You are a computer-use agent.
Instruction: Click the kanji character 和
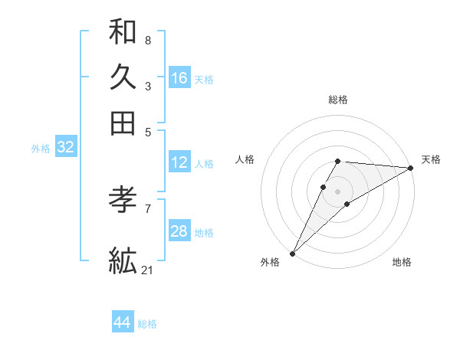point(123,32)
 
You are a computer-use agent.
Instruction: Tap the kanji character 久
point(123,77)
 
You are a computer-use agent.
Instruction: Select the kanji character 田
point(123,123)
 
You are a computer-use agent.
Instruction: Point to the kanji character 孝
point(123,200)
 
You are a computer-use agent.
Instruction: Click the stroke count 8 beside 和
point(147,40)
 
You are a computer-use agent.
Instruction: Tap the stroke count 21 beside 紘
point(148,270)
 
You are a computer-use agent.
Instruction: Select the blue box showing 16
point(179,78)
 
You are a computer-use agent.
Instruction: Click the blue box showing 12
point(179,162)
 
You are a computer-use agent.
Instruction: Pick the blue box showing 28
point(179,231)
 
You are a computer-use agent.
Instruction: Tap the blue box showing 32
point(65,148)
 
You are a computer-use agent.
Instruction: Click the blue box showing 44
point(123,322)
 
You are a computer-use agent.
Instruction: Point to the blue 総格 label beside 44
point(147,324)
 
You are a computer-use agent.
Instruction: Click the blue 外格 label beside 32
point(40,149)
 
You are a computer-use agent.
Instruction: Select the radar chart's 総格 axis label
point(338,100)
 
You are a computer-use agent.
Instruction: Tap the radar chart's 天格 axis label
point(431,159)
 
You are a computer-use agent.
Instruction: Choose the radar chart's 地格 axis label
point(402,262)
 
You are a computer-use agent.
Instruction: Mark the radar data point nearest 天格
point(411,168)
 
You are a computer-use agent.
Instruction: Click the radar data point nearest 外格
point(292,253)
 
